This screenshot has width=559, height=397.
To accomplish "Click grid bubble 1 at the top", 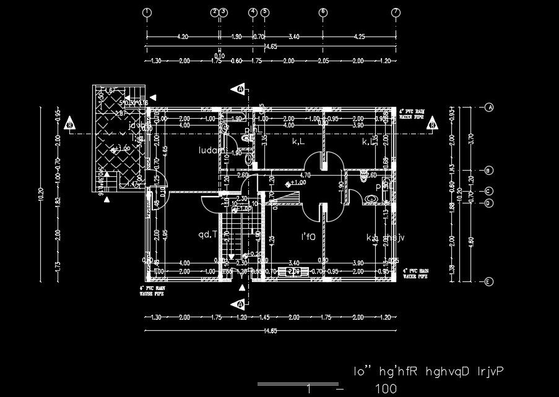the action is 147,12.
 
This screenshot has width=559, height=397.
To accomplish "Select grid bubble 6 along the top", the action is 323,12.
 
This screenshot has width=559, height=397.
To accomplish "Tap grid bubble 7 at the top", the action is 396,12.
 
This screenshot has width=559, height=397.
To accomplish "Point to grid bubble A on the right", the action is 489,107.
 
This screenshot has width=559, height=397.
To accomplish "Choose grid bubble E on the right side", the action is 489,282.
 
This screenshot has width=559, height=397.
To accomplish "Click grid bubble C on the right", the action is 489,192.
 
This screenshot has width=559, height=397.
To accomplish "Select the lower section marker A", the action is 240,304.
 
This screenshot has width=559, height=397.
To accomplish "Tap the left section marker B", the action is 70,124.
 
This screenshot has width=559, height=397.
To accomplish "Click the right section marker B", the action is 431,124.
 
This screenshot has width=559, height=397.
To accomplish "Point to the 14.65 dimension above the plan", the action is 271,47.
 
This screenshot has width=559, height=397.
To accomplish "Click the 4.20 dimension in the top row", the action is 183,37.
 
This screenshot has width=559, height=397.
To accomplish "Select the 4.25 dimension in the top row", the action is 359,37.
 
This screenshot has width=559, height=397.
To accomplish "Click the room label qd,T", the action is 207,234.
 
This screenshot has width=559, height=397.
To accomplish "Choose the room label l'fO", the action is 308,237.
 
